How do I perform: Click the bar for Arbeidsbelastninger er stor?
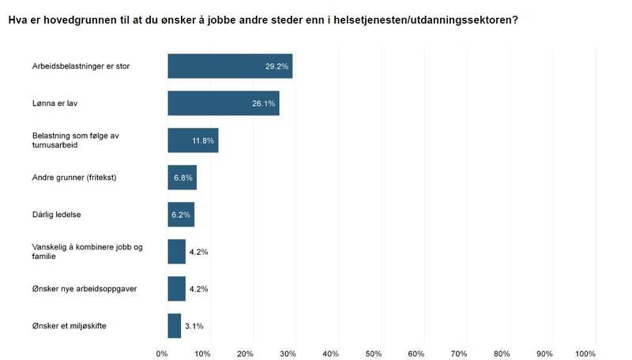230,66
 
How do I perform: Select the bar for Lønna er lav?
223,103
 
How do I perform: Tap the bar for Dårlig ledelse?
181,215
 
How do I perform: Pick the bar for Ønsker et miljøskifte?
174,326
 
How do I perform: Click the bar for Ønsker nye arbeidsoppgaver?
176,289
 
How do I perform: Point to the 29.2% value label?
276,66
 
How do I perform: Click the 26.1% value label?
263,103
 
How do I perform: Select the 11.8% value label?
203,141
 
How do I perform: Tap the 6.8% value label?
183,178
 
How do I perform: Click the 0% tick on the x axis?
162,352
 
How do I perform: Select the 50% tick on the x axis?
374,352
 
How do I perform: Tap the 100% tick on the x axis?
585,352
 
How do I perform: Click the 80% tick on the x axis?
502,352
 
